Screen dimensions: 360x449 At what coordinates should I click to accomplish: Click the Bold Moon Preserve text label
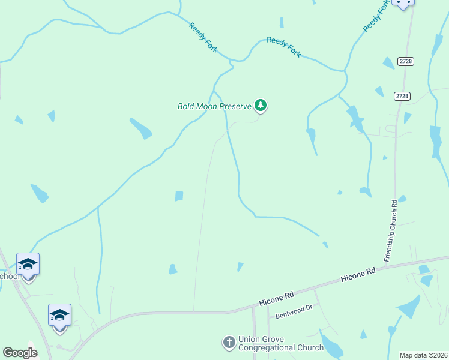pyautogui.click(x=214, y=106)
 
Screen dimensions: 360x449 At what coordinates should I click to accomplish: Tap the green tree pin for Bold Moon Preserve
pyautogui.click(x=260, y=106)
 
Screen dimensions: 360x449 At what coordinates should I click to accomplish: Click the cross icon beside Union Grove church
pyautogui.click(x=229, y=343)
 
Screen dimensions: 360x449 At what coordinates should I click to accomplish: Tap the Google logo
pyautogui.click(x=20, y=353)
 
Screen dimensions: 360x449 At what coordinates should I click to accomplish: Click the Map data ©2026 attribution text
pyautogui.click(x=424, y=355)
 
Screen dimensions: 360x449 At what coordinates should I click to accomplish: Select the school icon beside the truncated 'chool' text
pyautogui.click(x=28, y=265)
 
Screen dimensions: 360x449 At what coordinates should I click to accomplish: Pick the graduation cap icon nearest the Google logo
pyautogui.click(x=59, y=315)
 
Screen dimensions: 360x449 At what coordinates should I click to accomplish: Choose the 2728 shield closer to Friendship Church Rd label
pyautogui.click(x=402, y=96)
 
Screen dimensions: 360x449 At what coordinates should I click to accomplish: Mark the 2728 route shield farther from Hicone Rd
pyautogui.click(x=406, y=61)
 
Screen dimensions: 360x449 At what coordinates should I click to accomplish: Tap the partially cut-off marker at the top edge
pyautogui.click(x=403, y=3)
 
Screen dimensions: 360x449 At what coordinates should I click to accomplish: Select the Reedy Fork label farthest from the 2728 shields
pyautogui.click(x=203, y=37)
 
